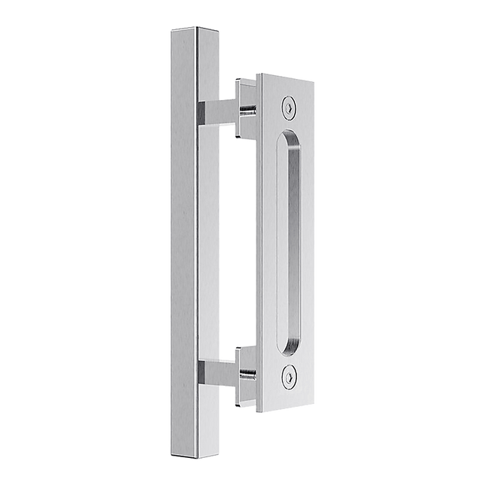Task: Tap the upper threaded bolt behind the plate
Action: tap(246, 112)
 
